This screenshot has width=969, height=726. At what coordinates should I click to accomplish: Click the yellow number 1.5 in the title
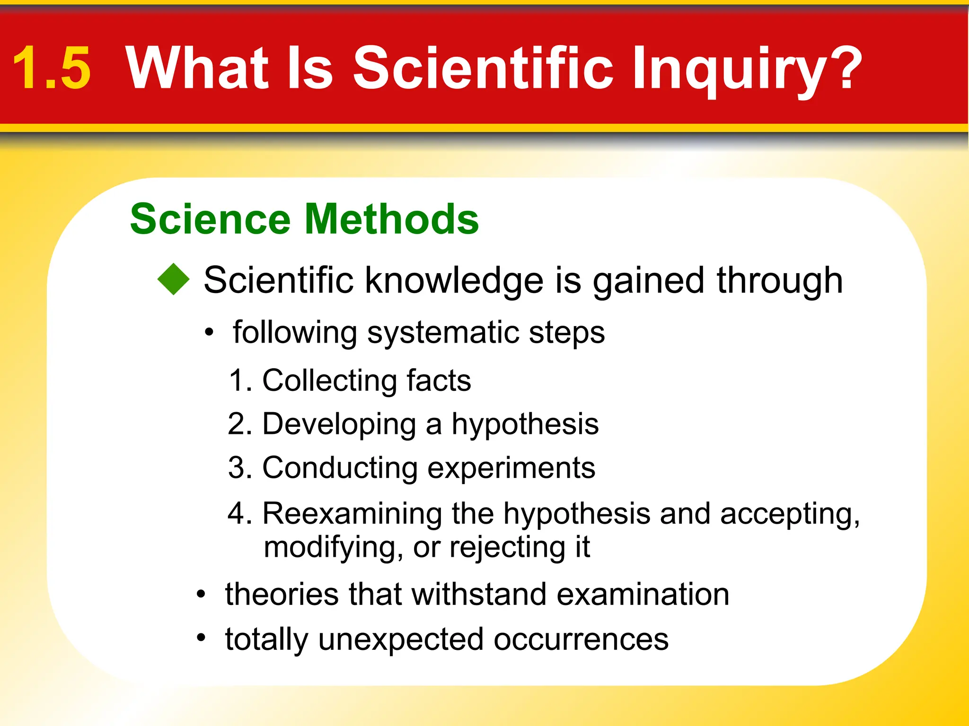click(x=51, y=68)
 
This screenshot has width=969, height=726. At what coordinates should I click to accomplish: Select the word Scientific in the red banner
click(x=483, y=68)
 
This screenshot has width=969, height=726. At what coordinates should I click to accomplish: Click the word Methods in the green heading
click(x=392, y=219)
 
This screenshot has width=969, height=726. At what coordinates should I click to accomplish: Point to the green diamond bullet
click(x=174, y=279)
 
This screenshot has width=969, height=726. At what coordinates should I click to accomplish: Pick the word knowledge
click(x=454, y=280)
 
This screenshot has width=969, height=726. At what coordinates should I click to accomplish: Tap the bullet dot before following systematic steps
click(x=209, y=333)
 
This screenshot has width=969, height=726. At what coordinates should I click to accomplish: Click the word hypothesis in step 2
click(x=525, y=425)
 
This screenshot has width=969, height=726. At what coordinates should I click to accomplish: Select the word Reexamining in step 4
click(x=352, y=513)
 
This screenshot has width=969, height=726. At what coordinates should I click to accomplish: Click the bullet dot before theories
click(x=202, y=594)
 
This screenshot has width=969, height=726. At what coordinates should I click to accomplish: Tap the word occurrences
click(x=581, y=640)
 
